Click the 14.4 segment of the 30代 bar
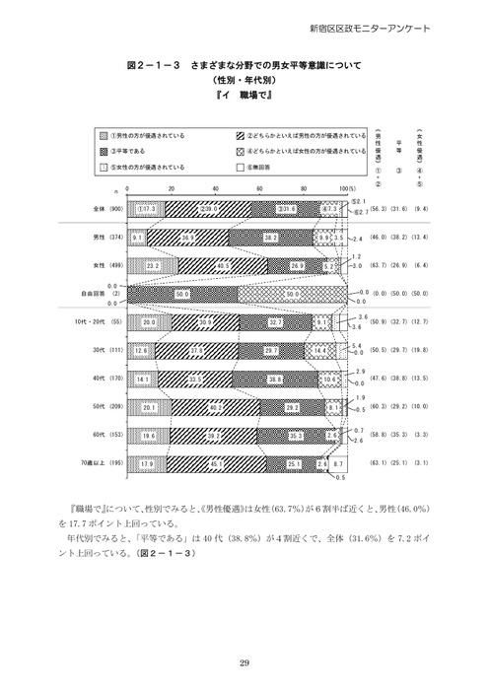(x=317, y=350)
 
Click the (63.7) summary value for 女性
(x=386, y=265)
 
